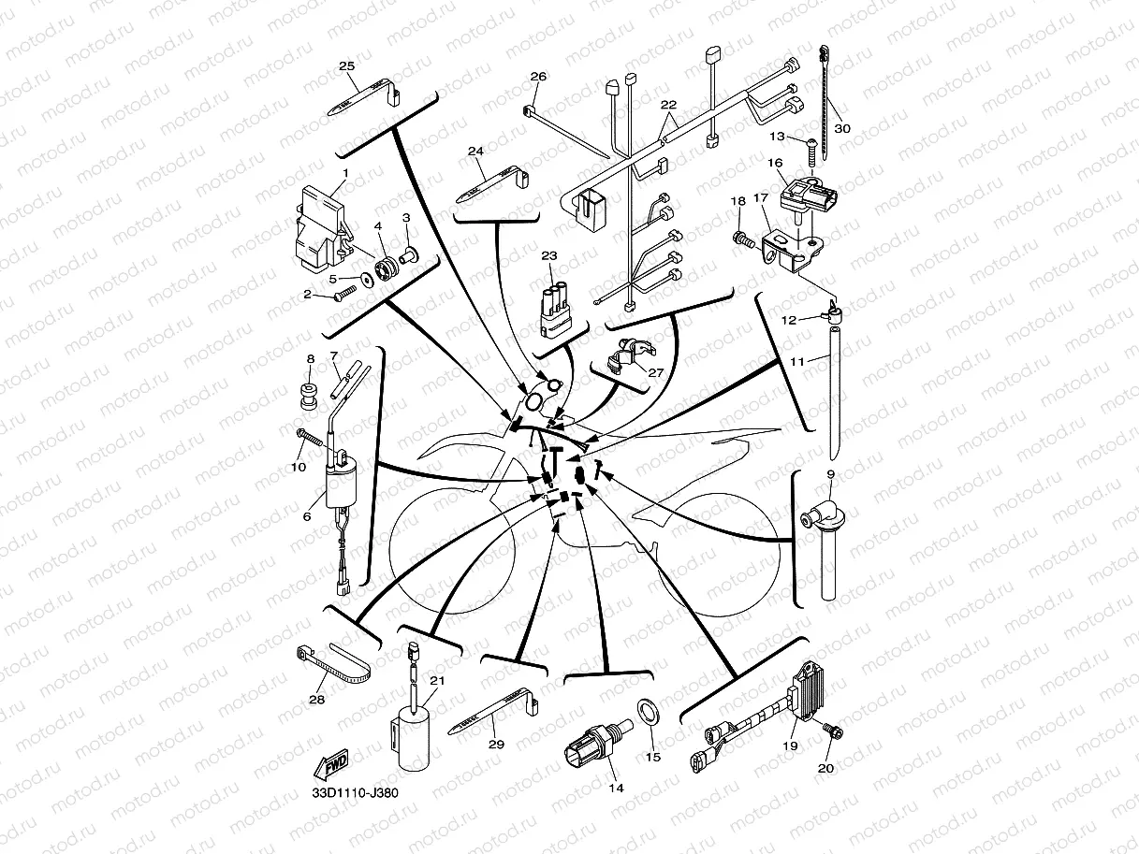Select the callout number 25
[x=346, y=66]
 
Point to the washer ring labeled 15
[x=648, y=713]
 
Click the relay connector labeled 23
[x=556, y=307]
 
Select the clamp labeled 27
[x=626, y=358]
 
